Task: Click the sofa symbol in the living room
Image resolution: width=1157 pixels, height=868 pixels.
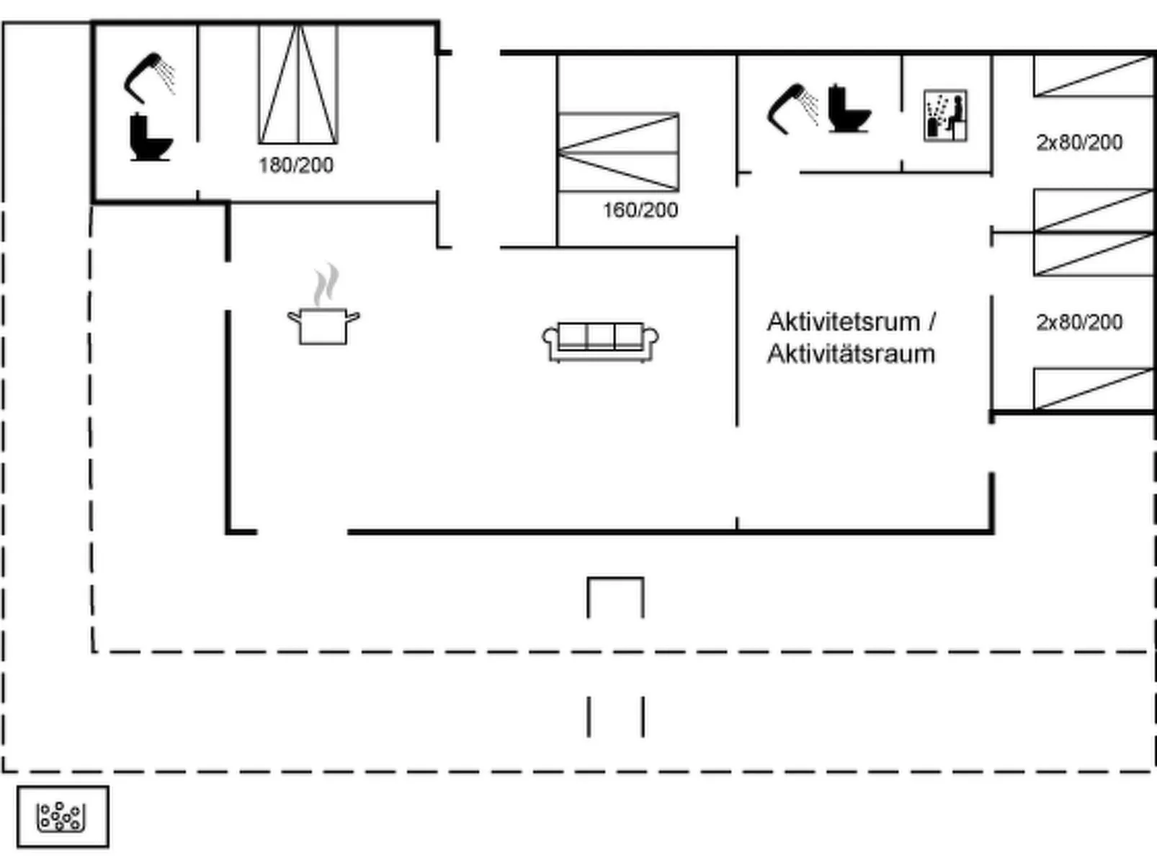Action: click(600, 341)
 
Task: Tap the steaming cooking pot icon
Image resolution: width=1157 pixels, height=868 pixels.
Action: click(323, 324)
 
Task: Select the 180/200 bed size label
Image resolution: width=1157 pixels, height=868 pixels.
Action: click(295, 166)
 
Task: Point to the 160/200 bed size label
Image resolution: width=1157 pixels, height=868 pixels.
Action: click(640, 210)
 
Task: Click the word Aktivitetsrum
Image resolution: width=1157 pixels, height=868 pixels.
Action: click(843, 321)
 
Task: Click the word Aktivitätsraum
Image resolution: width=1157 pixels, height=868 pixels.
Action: click(850, 354)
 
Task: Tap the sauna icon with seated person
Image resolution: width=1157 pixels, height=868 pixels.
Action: click(945, 115)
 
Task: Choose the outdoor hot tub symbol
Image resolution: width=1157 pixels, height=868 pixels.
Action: click(63, 817)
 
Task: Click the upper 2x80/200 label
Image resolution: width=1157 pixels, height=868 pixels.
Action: click(1078, 143)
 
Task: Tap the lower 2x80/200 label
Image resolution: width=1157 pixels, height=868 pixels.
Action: click(1078, 322)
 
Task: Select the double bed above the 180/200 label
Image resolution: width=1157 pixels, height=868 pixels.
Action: click(298, 84)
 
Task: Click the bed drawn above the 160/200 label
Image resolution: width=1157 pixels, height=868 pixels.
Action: click(618, 152)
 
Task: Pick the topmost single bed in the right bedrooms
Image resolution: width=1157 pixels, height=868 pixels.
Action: click(1093, 76)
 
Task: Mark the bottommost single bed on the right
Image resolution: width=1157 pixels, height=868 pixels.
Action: click(1093, 389)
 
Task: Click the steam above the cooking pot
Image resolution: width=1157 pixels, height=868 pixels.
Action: click(326, 285)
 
